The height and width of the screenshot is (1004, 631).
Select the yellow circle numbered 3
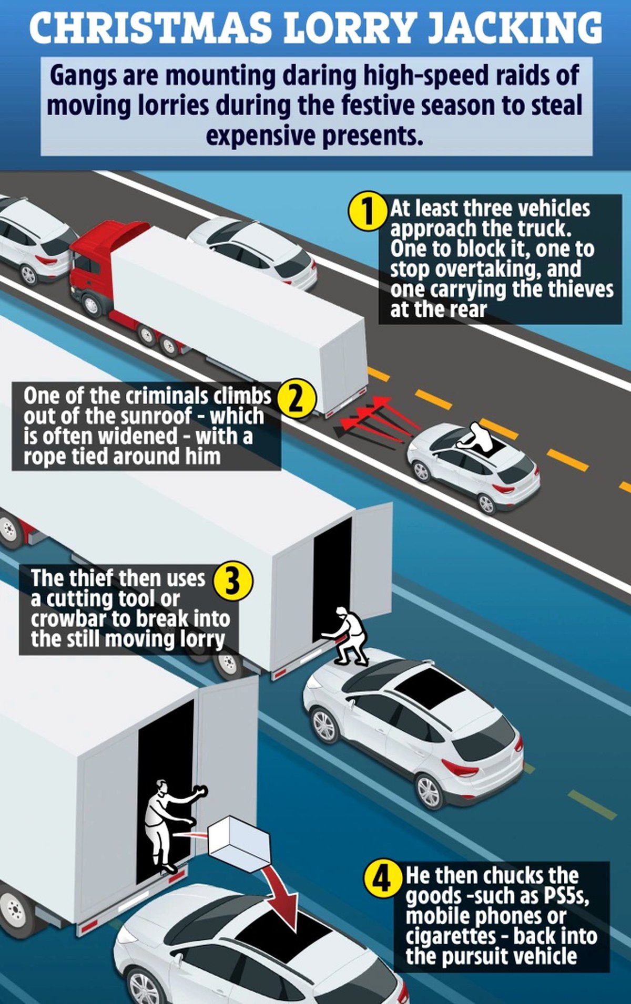pyautogui.click(x=233, y=582)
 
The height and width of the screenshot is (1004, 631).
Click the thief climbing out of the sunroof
pyautogui.click(x=477, y=436)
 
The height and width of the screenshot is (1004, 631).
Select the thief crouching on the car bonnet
pyautogui.click(x=345, y=636)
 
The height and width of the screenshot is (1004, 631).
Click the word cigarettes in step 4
pyautogui.click(x=451, y=936)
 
